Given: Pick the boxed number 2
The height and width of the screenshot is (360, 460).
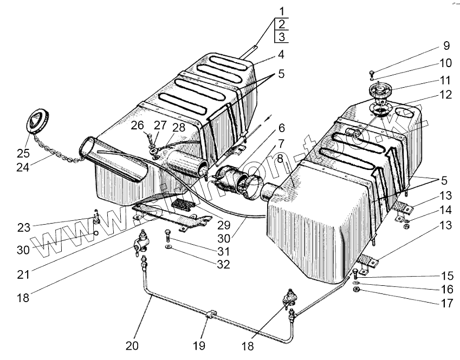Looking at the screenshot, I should coord(282,23).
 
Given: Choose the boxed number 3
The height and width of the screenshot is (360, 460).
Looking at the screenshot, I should coord(282,37).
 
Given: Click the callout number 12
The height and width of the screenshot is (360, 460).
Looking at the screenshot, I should coord(446,95).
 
